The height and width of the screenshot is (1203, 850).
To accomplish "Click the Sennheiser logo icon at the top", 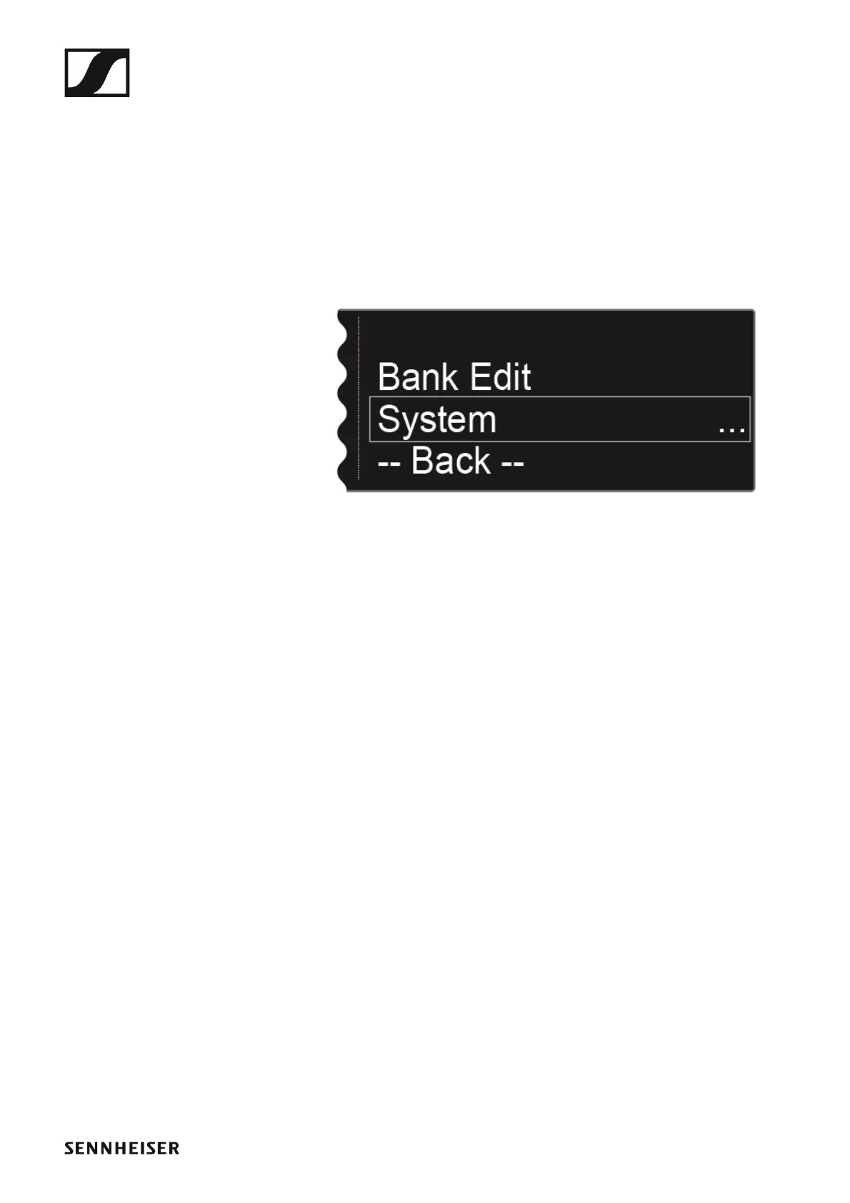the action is click(97, 72).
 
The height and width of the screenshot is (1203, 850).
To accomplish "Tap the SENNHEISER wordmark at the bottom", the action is click(121, 1148).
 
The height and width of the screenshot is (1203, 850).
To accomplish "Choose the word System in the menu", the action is click(436, 419).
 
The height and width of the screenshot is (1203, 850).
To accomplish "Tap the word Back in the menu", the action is click(451, 461).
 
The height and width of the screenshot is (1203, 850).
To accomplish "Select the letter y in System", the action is click(409, 423).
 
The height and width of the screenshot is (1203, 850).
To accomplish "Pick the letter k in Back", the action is click(481, 461).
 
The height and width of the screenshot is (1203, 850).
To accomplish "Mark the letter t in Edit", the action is click(525, 377).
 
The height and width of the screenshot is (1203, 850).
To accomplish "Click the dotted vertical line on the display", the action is click(359, 400).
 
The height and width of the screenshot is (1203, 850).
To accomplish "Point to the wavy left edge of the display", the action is click(342, 400).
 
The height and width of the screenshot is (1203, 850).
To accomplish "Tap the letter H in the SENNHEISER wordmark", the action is click(122, 1148).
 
